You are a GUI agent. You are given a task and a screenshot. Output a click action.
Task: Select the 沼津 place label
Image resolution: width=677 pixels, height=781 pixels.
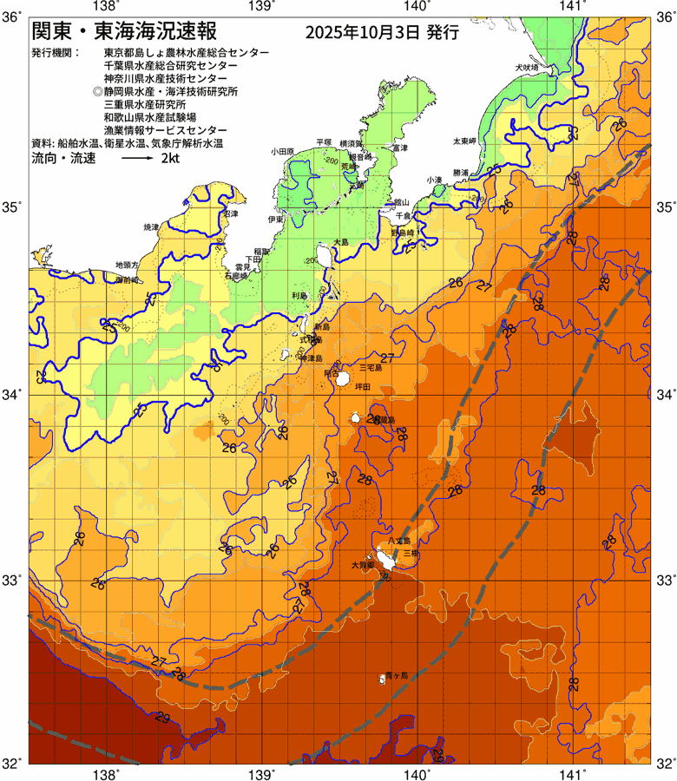pyautogui.click(x=231, y=213)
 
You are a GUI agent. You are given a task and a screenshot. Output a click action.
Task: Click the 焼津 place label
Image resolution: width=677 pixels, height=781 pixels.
pyautogui.click(x=151, y=227)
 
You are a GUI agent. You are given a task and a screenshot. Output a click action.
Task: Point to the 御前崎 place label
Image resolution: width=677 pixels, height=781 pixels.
pyautogui.click(x=129, y=280)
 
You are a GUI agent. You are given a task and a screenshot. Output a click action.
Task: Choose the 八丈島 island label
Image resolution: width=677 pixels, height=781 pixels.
pyautogui.click(x=398, y=541)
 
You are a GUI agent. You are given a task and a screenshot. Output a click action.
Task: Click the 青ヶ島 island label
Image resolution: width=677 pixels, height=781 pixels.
pyautogui.click(x=397, y=675)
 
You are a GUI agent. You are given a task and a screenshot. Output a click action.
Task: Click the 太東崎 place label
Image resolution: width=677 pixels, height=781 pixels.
pyautogui.click(x=464, y=141)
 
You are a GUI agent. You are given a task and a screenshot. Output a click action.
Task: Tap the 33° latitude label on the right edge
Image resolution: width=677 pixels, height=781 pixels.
pyautogui.click(x=664, y=579)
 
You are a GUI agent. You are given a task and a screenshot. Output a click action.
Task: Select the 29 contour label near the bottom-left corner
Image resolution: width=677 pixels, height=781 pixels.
pyautogui.click(x=161, y=719)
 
